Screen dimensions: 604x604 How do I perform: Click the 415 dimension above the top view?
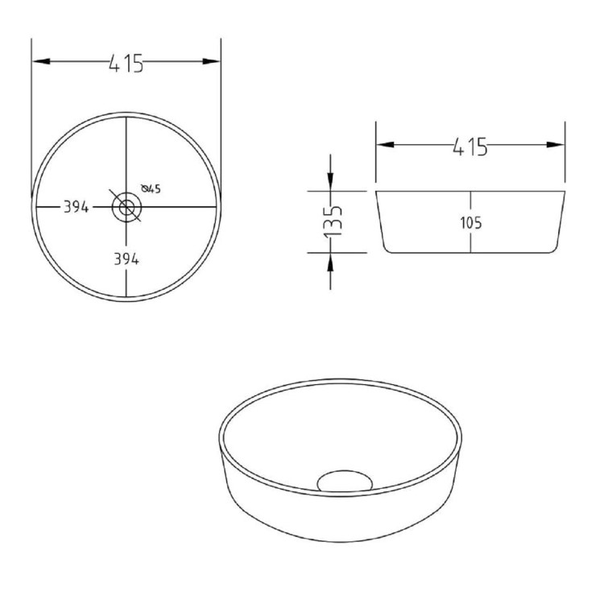[x=126, y=63]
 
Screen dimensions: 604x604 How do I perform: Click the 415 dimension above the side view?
[x=470, y=146]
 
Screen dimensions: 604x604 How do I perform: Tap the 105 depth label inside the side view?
[x=472, y=223]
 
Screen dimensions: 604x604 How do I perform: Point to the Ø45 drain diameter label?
[x=151, y=189]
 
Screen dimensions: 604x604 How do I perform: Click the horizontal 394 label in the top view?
[x=76, y=207]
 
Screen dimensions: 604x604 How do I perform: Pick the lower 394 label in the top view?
[x=126, y=259]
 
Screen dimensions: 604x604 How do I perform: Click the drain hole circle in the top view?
[x=126, y=207]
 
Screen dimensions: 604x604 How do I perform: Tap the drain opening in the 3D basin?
[x=345, y=482]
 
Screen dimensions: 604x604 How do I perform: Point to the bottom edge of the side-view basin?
[x=471, y=251]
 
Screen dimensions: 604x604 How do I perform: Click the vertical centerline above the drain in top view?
[x=126, y=153]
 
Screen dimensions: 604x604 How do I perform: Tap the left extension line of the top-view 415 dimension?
[x=31, y=121]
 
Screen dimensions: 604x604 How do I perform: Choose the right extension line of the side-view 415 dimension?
[x=565, y=157]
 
